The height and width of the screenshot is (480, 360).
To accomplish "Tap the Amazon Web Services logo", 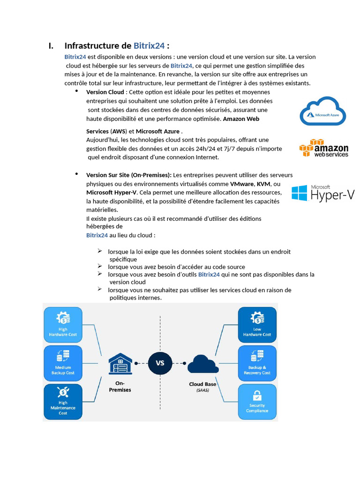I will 324,148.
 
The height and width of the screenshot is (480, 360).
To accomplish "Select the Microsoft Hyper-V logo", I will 322,193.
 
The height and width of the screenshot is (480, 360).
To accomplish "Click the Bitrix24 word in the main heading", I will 149,45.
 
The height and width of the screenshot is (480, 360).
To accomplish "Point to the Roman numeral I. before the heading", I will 51,45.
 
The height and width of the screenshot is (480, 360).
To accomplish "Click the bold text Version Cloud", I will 105,92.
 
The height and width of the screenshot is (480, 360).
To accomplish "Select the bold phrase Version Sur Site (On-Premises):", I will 129,175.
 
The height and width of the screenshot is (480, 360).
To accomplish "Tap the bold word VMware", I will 242,184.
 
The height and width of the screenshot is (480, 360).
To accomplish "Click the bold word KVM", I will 263,184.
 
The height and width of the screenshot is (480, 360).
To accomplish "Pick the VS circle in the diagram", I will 160,363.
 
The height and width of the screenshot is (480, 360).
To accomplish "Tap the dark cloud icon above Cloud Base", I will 202,364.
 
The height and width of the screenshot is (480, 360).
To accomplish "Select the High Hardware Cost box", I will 63,325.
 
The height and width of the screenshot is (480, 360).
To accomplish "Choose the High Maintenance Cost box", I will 63,402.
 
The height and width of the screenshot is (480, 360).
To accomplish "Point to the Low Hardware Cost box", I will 257,325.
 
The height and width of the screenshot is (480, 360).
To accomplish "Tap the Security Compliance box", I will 257,402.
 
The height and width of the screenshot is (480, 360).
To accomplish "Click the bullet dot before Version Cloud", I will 76,90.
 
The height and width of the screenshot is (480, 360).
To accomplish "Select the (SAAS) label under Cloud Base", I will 202,390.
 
